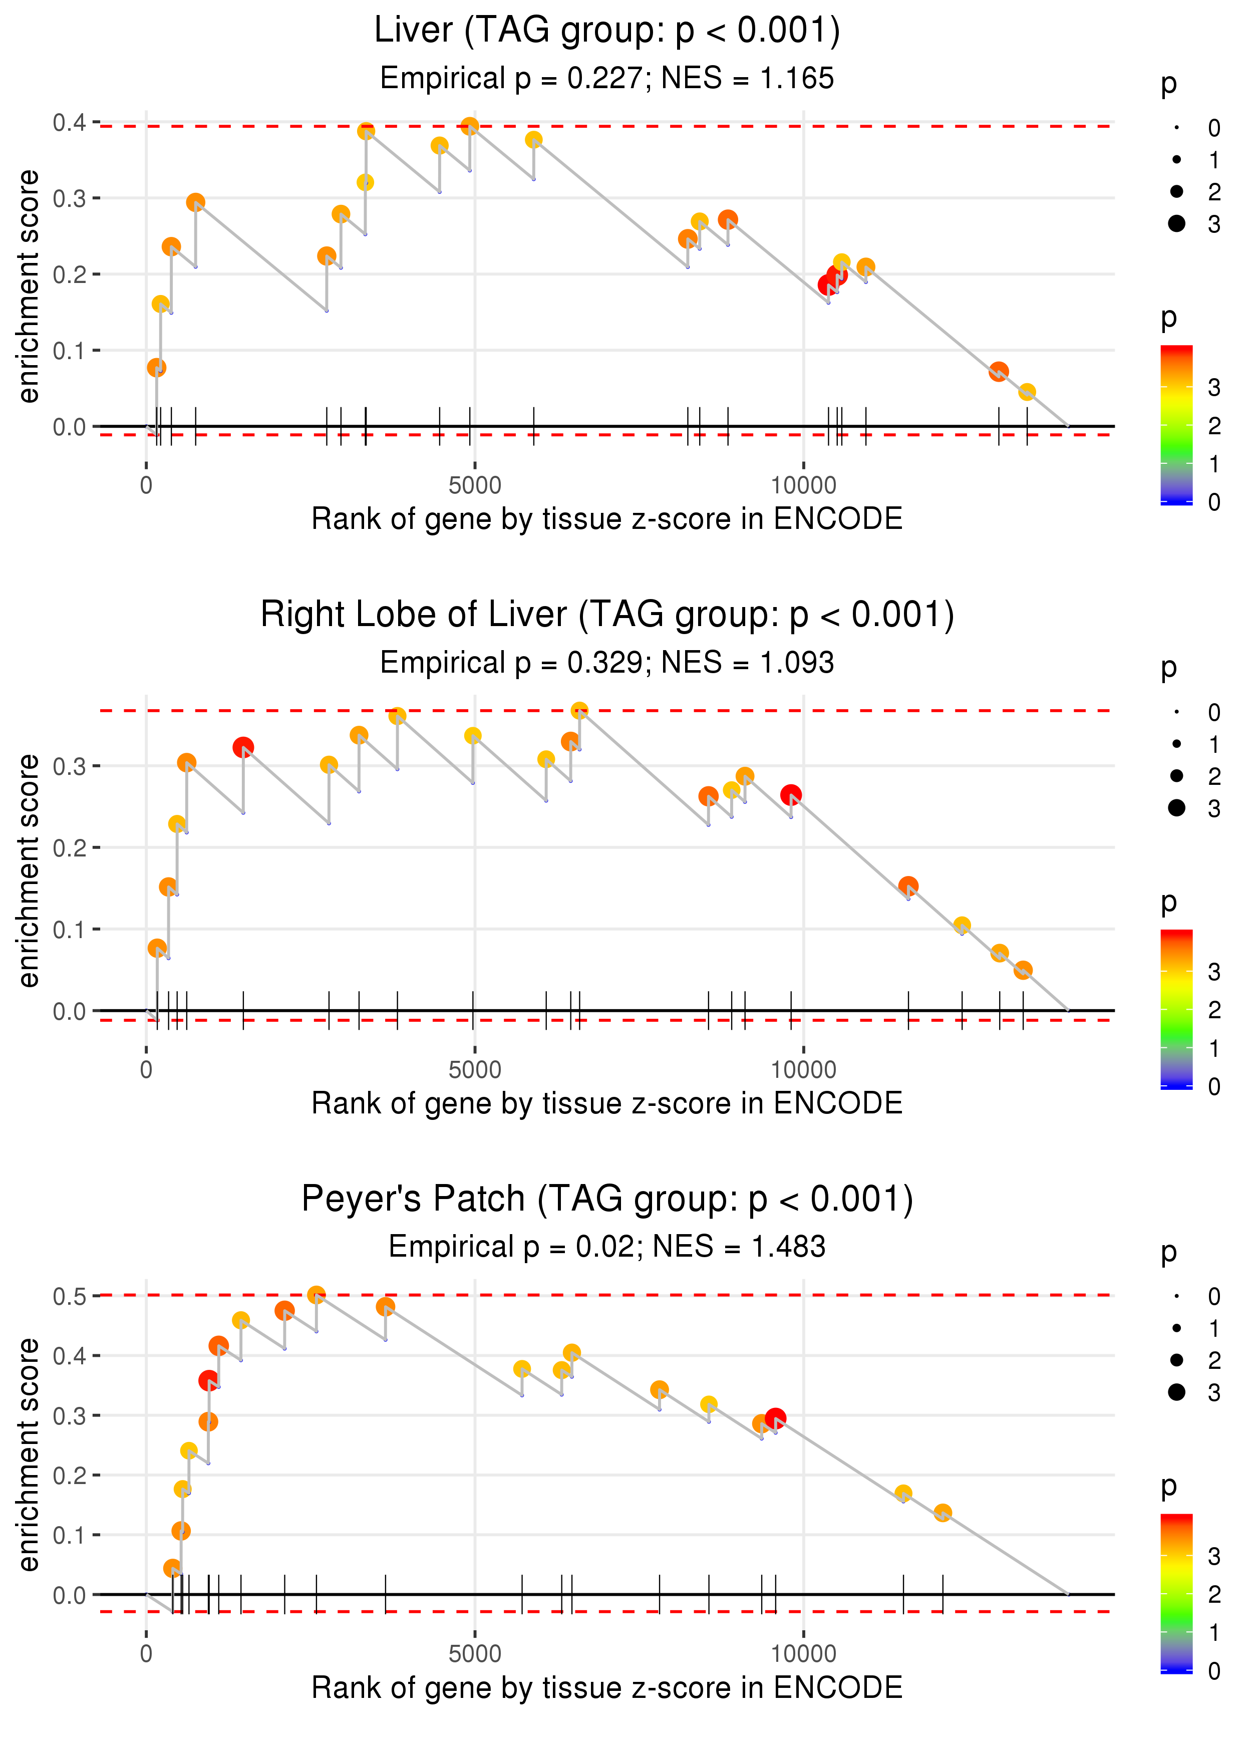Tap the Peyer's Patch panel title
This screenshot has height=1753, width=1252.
pyautogui.click(x=607, y=1199)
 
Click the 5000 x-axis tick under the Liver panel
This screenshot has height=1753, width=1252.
pyautogui.click(x=474, y=486)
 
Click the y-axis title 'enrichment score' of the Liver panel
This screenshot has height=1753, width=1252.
pyautogui.click(x=29, y=286)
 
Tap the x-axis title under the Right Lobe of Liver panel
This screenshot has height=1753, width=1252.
pyautogui.click(x=607, y=1103)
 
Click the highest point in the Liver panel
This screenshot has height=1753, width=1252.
pyautogui.click(x=470, y=126)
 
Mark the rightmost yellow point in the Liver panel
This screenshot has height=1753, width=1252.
pyautogui.click(x=1026, y=392)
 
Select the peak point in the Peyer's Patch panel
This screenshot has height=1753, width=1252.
pyautogui.click(x=316, y=1295)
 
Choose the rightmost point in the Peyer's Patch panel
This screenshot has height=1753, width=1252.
pyautogui.click(x=942, y=1513)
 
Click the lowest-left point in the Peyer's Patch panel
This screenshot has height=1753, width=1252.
pyautogui.click(x=173, y=1568)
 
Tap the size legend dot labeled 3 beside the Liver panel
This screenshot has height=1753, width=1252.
pyautogui.click(x=1176, y=223)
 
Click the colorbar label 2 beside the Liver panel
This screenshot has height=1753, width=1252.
pyautogui.click(x=1214, y=426)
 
